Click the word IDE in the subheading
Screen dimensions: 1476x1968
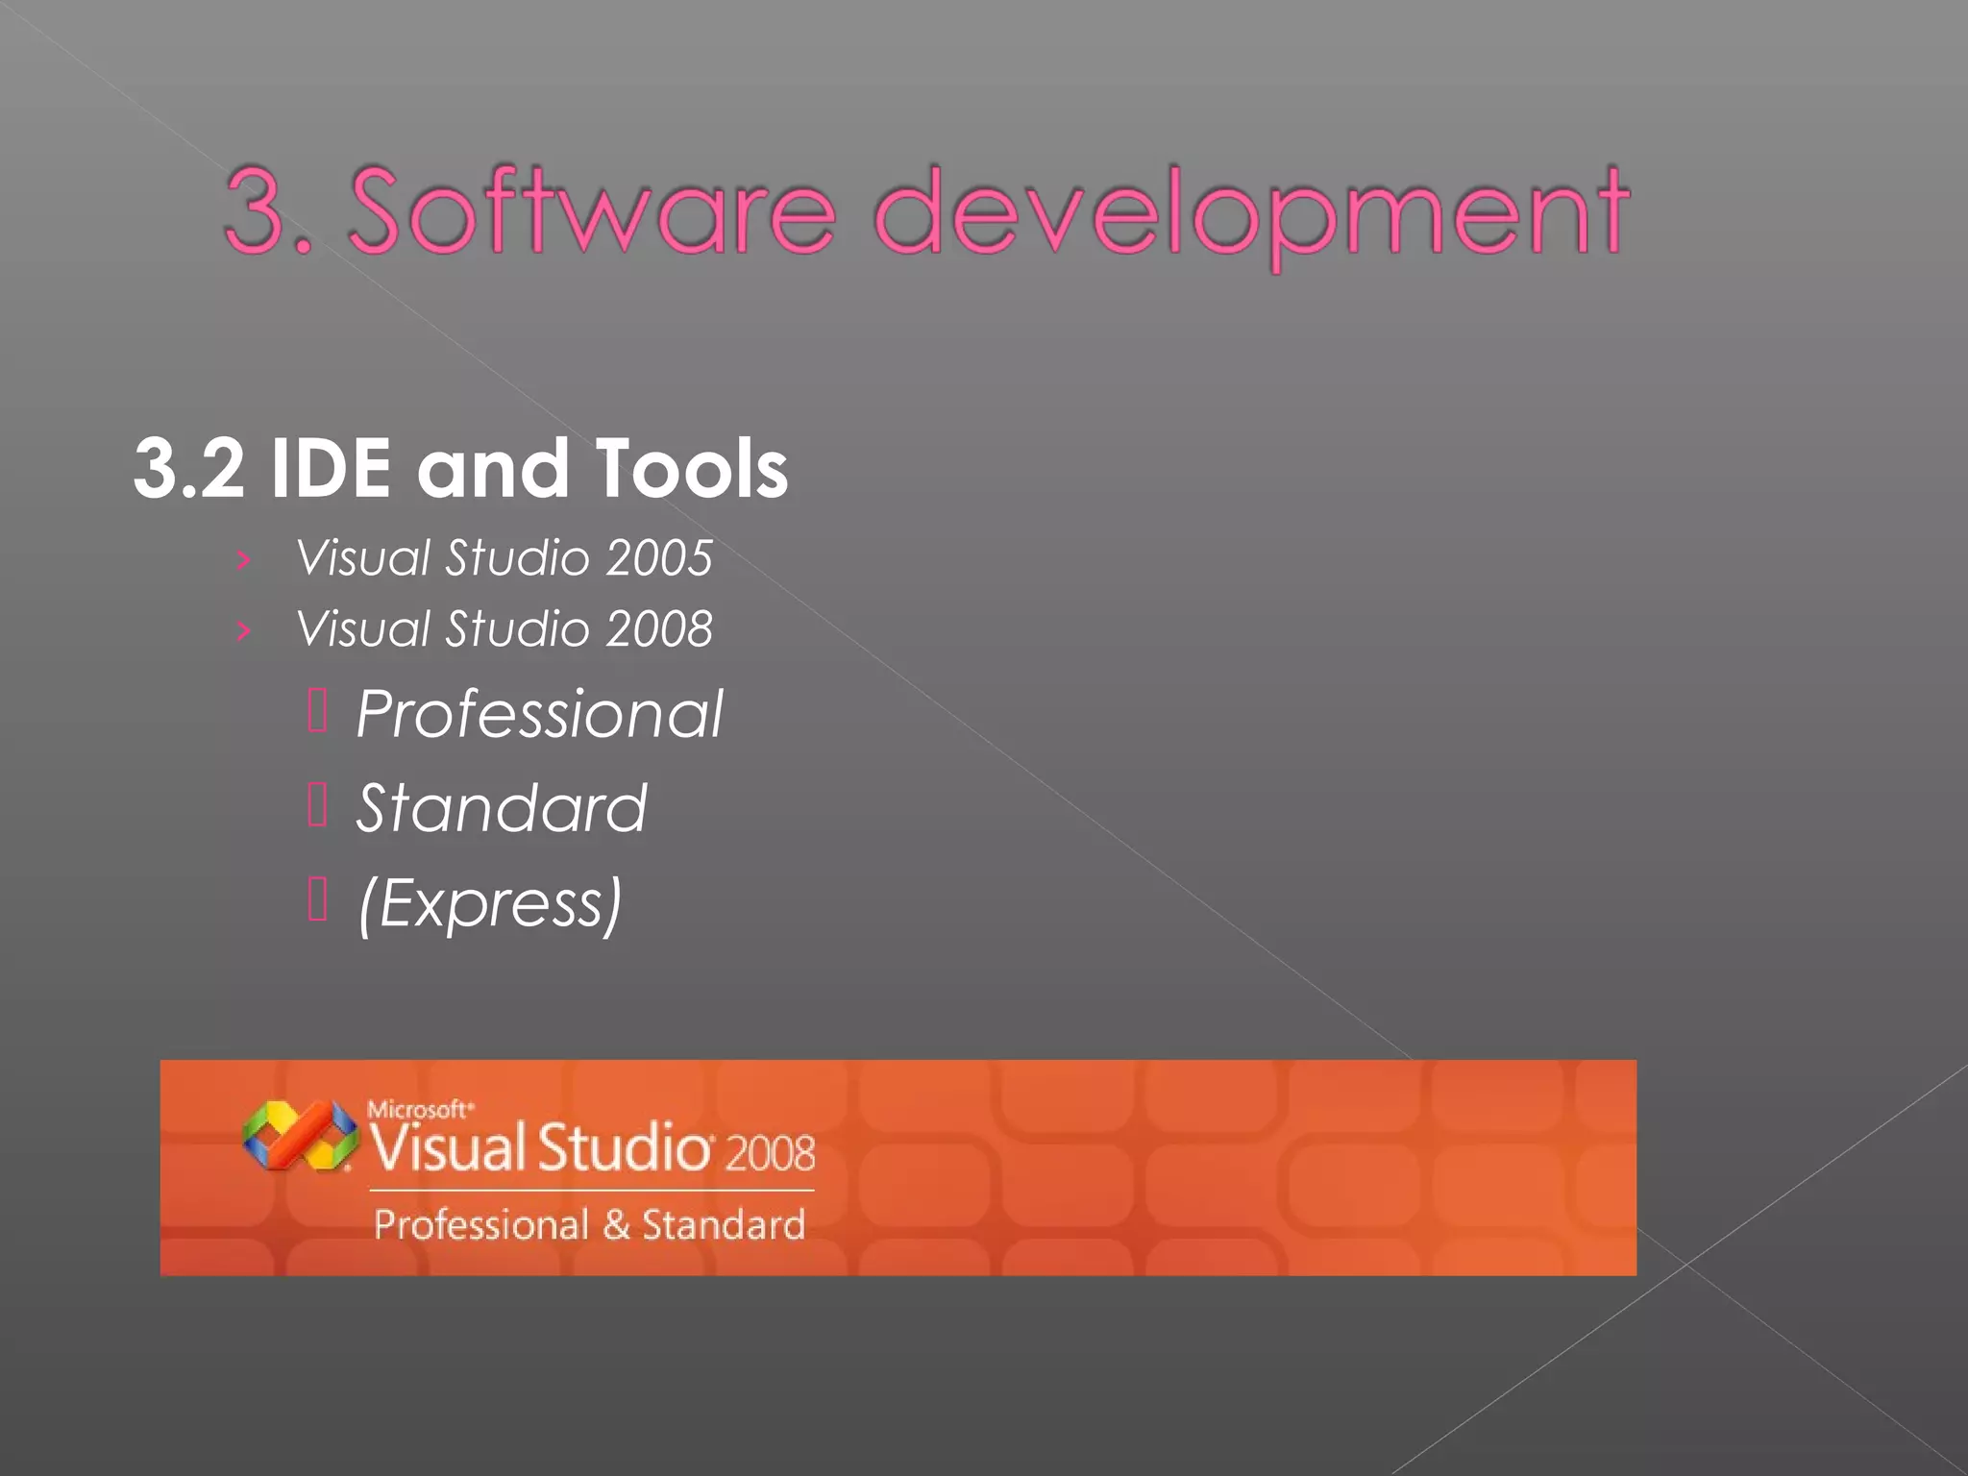point(331,469)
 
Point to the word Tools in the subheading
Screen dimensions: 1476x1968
point(692,469)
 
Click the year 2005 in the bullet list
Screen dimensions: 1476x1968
point(659,558)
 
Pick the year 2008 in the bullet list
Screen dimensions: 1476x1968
point(659,629)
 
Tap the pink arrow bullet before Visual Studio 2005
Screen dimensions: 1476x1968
point(244,559)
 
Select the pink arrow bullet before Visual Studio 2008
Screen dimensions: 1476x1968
point(244,630)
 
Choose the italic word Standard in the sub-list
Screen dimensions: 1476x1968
point(502,808)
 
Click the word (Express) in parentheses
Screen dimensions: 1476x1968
point(490,903)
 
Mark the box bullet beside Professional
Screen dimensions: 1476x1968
point(318,711)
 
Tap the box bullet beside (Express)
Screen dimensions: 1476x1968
point(318,899)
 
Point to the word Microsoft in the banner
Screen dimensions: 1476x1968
point(419,1110)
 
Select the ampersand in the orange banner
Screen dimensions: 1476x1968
point(616,1225)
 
